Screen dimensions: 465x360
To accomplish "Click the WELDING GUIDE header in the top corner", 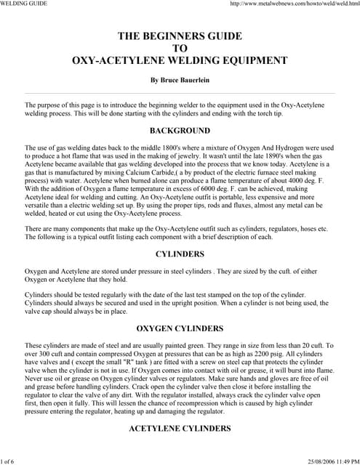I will [x=24, y=4].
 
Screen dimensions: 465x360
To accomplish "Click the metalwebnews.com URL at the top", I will [x=295, y=4].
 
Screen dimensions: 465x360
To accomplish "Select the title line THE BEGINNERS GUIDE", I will [x=180, y=35].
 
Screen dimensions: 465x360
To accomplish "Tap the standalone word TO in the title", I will [x=180, y=48].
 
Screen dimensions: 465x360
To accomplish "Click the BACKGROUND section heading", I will [x=180, y=131].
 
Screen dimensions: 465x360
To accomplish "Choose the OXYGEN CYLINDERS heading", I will [x=180, y=328].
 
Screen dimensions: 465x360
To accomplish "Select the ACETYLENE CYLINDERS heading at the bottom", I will [x=180, y=429].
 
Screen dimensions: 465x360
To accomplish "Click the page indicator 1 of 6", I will [x=12, y=461].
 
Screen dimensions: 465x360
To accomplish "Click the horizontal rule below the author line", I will [x=180, y=94].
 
